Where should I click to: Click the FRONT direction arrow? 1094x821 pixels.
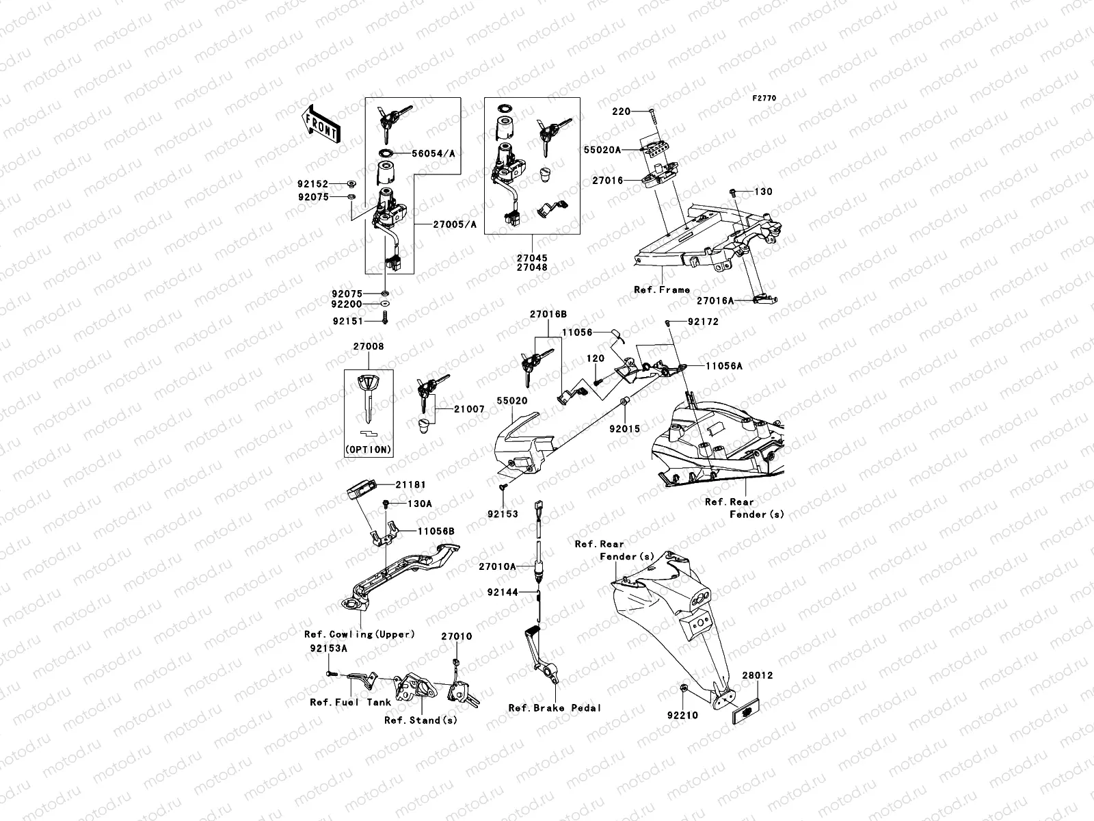[x=321, y=125]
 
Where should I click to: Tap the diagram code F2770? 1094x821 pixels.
[x=765, y=99]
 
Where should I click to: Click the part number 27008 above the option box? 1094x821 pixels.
[x=369, y=347]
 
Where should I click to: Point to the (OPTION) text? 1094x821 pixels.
[x=369, y=449]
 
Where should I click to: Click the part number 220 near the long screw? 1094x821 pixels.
[x=621, y=111]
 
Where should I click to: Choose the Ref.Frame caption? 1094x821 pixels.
[x=662, y=290]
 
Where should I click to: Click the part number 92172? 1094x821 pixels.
[x=703, y=322]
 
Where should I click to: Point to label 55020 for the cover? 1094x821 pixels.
[x=512, y=400]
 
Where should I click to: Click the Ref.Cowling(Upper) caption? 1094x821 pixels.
[x=360, y=634]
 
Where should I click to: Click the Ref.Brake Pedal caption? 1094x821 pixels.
[x=555, y=708]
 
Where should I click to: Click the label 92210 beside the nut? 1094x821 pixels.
[x=682, y=716]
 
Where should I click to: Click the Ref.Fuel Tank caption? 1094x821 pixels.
[x=351, y=702]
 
